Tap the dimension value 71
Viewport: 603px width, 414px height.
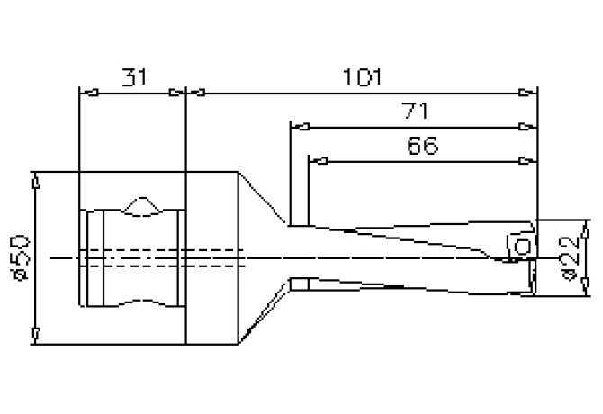[x=415, y=111]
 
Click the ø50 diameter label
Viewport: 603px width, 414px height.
[x=20, y=256]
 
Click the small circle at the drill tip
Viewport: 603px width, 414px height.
[x=520, y=249]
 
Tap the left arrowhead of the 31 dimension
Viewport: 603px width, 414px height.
[x=88, y=91]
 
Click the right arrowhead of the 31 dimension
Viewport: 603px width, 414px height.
[x=176, y=91]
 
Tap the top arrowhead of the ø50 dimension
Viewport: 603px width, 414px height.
[x=33, y=179]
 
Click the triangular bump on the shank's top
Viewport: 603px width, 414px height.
[x=140, y=206]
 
